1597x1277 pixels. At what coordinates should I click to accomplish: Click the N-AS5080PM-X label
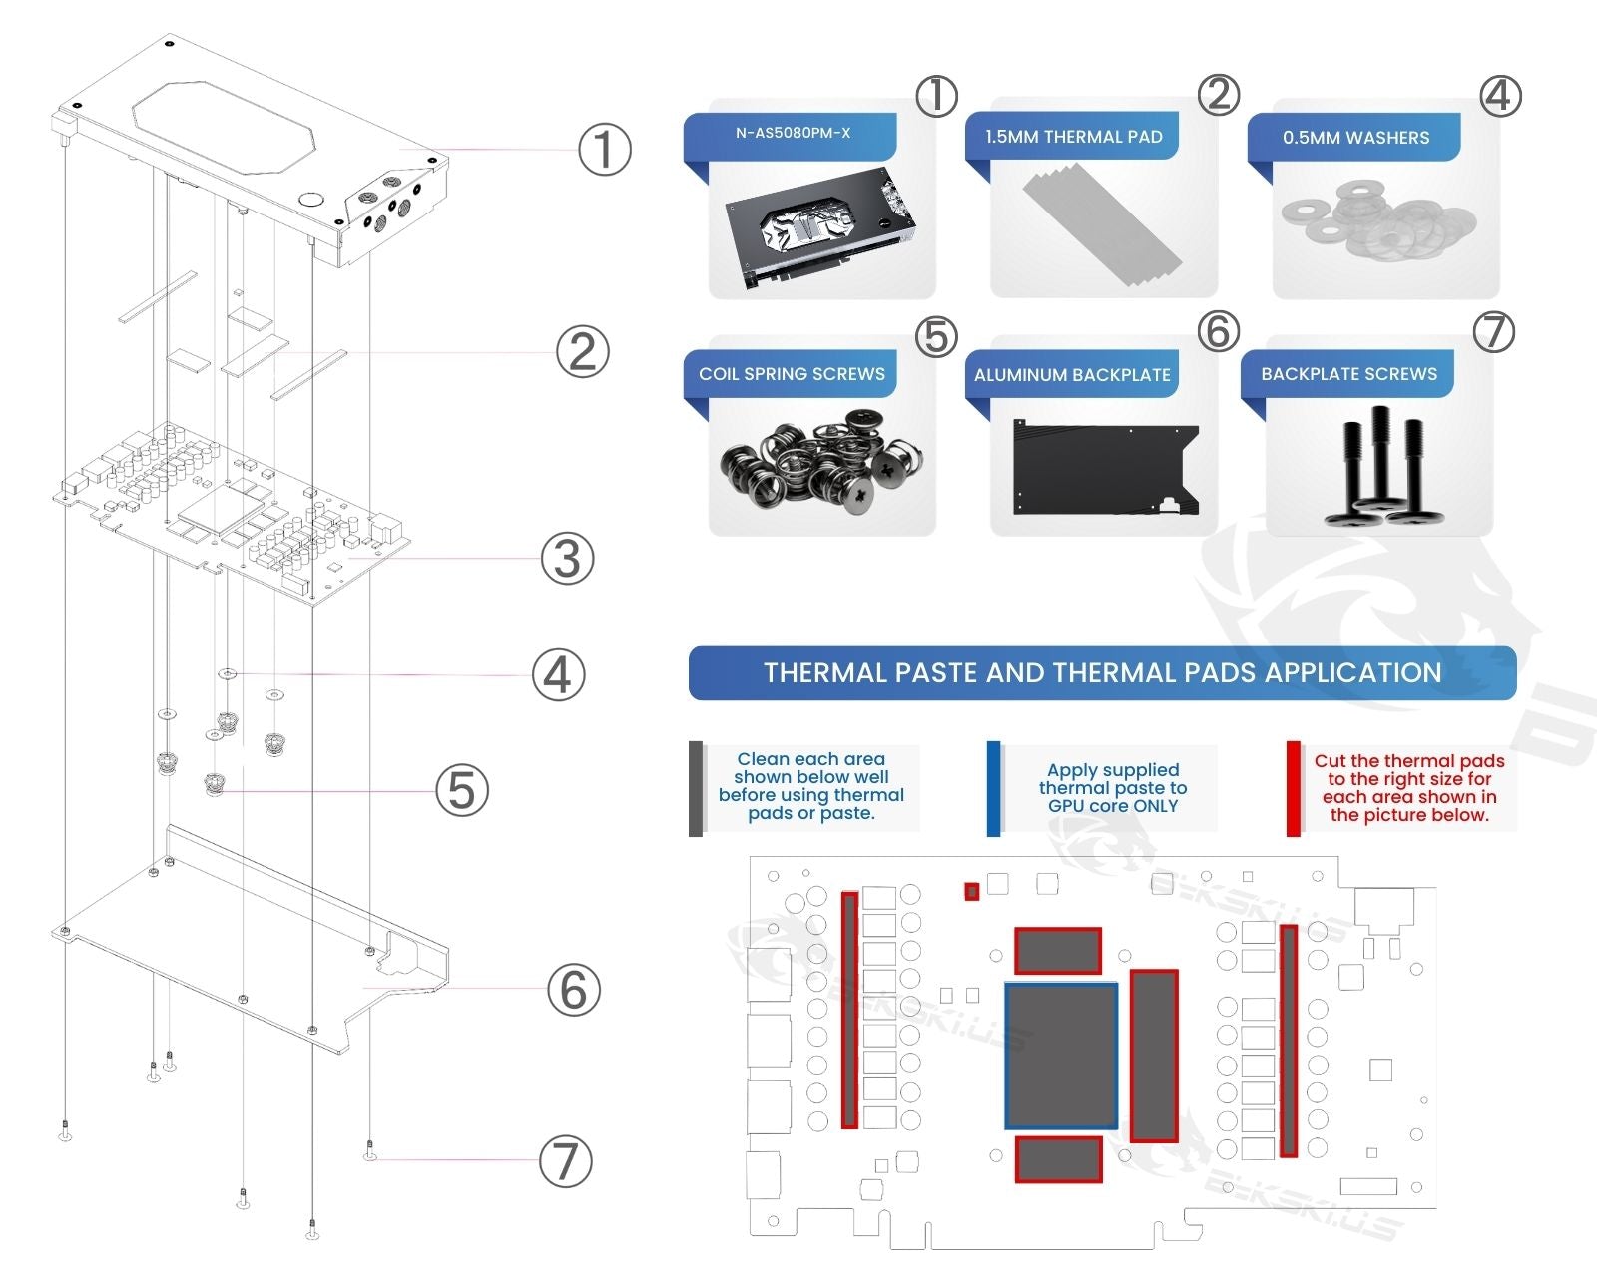coord(793,133)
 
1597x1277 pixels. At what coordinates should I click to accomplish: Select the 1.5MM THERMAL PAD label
coord(1073,137)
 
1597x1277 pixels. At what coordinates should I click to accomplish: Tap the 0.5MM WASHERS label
coord(1355,138)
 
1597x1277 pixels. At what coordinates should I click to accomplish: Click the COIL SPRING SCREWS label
coord(792,374)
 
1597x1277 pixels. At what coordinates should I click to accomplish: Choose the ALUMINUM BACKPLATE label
coord(1072,375)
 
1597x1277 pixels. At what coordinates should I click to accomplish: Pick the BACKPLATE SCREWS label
coord(1348,374)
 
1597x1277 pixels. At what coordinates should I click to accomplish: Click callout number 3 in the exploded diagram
coord(567,558)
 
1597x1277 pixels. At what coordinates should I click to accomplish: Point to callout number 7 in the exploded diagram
coord(565,1161)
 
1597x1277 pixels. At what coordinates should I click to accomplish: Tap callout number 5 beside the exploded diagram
coord(462,790)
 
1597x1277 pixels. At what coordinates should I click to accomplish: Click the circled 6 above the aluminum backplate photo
coord(1218,332)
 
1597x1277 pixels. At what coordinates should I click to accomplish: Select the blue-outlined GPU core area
coord(1060,1056)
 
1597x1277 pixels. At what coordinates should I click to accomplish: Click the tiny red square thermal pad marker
coord(971,891)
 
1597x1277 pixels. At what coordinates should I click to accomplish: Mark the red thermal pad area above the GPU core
coord(1058,950)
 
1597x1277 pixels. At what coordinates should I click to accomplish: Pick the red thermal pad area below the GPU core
coord(1058,1158)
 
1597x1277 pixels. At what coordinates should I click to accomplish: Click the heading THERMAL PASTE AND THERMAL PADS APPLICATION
coord(1102,673)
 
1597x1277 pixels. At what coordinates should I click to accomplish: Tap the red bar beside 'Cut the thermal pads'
coord(1293,788)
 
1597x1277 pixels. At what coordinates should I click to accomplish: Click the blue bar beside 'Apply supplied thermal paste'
coord(993,788)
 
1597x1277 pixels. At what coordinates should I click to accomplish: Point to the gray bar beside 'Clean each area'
coord(696,788)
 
